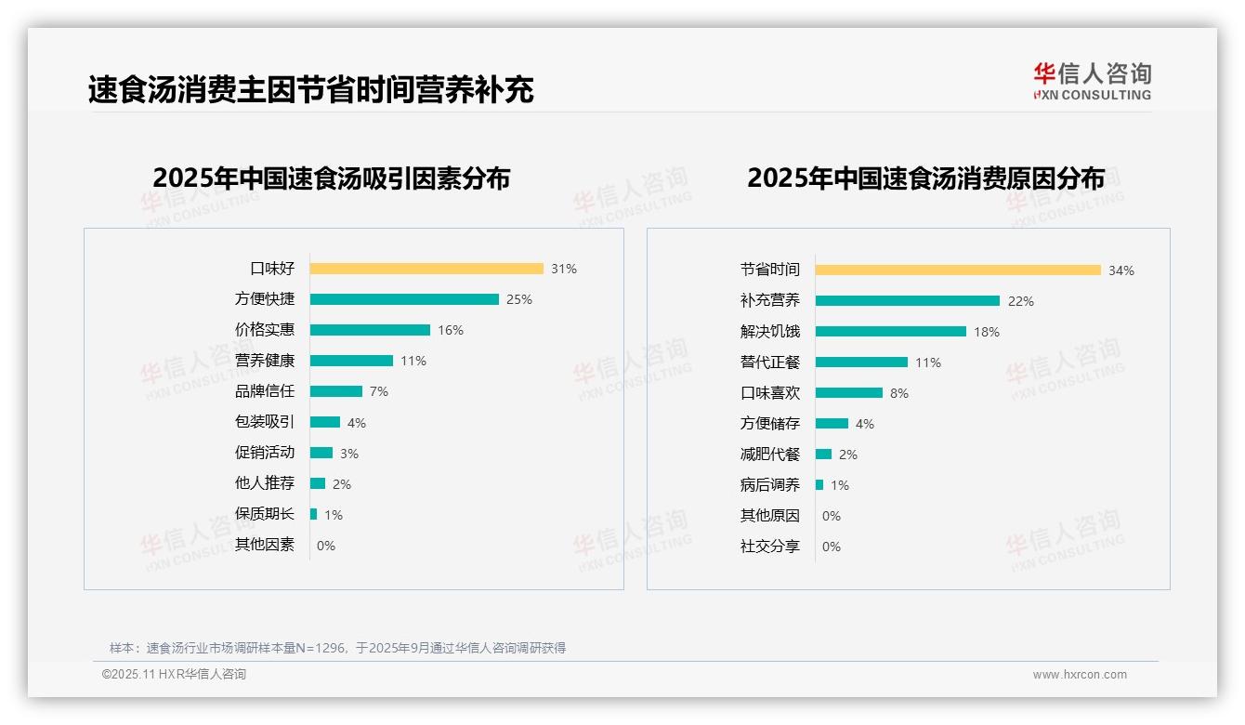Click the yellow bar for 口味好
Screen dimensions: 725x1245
point(426,269)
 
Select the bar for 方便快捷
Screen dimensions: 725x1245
point(404,299)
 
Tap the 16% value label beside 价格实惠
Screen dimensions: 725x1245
point(451,330)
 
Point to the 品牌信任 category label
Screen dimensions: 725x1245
point(265,391)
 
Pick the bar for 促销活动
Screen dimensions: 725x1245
point(321,453)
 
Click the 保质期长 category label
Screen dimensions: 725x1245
point(265,514)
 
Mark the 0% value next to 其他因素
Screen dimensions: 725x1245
point(326,546)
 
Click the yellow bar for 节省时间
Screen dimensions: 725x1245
point(958,270)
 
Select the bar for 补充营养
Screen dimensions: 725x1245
point(908,301)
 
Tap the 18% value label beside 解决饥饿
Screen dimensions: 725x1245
point(987,332)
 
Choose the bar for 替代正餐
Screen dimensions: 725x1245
point(861,362)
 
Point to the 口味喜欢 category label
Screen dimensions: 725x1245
point(770,393)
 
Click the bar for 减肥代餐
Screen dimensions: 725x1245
point(823,455)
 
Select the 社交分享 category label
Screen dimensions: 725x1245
point(770,547)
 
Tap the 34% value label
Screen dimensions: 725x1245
point(1121,270)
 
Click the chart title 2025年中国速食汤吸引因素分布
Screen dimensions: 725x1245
point(332,178)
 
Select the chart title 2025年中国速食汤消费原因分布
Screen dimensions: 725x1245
point(925,178)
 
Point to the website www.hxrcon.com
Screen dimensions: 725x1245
point(1080,675)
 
